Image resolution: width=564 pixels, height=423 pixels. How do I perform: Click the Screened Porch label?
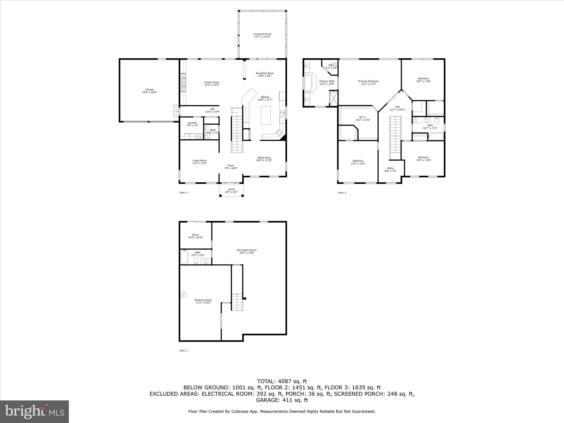pos(262,34)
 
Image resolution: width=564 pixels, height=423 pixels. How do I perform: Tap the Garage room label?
pos(149,90)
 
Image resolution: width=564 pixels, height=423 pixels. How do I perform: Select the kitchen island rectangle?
pos(266,115)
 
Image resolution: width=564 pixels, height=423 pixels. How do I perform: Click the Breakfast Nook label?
pos(264,73)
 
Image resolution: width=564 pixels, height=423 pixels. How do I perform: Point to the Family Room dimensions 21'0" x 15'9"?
pos(211,85)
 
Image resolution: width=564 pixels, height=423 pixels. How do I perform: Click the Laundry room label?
pos(192,123)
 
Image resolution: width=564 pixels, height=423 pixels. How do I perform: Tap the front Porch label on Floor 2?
pos(231,189)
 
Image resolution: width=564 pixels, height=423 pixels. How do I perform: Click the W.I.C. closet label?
pos(363,117)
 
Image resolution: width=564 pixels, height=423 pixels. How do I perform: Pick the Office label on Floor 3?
pos(390,168)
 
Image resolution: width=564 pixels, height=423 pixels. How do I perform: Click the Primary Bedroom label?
pos(368,81)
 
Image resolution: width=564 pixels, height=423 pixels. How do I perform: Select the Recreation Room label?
pos(246,250)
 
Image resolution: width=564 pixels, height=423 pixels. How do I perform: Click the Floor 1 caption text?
pos(183,351)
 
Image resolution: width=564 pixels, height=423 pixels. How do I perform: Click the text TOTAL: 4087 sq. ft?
pos(282,381)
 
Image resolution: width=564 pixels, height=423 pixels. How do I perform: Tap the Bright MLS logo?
pos(34,411)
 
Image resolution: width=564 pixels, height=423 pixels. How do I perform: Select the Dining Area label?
pos(264,158)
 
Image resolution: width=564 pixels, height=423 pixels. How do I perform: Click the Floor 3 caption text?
pos(342,192)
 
